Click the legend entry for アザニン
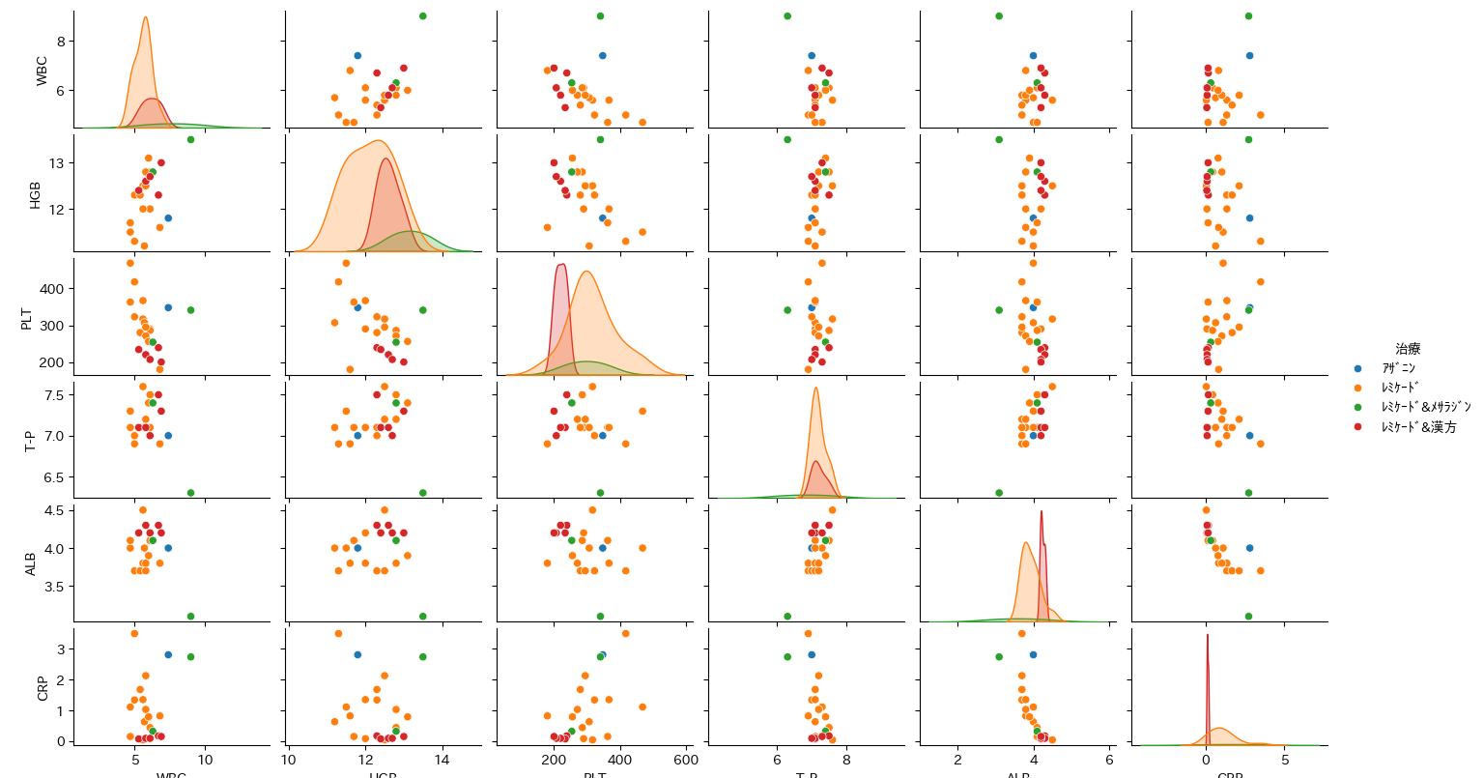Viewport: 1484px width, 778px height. [1398, 368]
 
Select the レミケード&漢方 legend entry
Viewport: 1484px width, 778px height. [1418, 426]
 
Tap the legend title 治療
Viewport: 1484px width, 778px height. [1408, 349]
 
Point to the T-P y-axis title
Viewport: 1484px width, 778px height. [31, 440]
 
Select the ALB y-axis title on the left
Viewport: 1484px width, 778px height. [31, 563]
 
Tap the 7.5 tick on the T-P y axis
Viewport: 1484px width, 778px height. [54, 395]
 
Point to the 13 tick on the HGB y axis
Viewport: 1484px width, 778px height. [57, 163]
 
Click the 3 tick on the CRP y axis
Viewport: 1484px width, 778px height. [61, 649]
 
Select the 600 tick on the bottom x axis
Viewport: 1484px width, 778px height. [686, 761]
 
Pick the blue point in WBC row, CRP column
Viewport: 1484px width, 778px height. [1249, 56]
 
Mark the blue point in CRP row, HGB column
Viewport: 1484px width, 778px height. [357, 654]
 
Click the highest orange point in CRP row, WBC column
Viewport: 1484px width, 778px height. [134, 634]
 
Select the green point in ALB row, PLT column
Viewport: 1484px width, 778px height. [600, 616]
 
